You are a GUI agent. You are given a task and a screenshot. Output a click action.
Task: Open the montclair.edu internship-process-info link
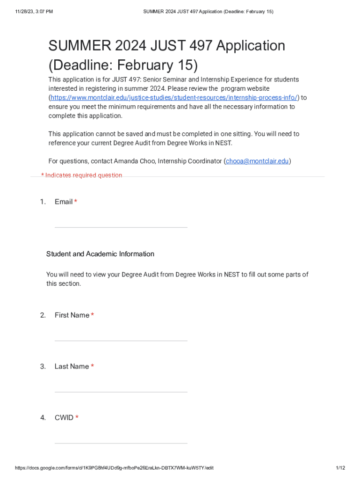[173, 98]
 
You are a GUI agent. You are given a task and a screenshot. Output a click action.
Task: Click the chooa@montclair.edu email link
[257, 161]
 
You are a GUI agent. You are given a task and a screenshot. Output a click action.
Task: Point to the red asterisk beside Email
[76, 202]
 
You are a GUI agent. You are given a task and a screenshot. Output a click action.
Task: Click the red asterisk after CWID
[77, 418]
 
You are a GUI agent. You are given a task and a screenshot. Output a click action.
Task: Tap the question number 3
[43, 367]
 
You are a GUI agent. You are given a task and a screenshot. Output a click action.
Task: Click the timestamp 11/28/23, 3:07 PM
[34, 11]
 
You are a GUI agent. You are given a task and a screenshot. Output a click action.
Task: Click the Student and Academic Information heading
[100, 254]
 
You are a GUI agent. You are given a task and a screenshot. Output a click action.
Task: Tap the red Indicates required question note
[82, 175]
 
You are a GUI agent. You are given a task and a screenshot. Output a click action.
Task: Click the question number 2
[43, 315]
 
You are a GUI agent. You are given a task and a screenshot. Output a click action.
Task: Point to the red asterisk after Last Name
[93, 367]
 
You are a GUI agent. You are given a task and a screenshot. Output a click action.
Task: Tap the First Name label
[72, 315]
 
